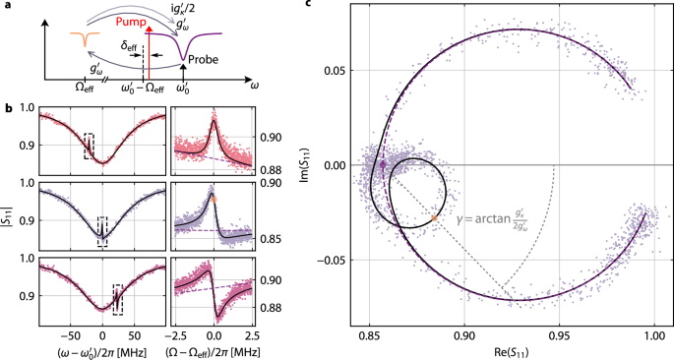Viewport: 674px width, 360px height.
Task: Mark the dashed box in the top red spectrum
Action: (x=89, y=146)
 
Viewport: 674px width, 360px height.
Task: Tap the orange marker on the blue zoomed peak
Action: (x=214, y=198)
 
